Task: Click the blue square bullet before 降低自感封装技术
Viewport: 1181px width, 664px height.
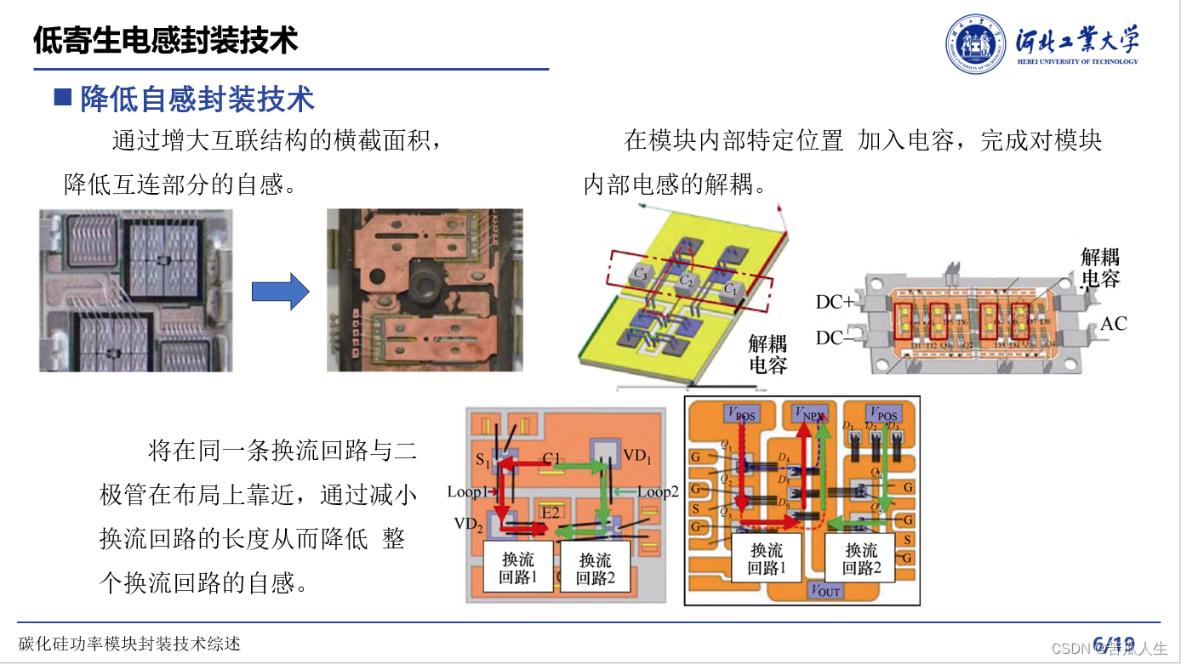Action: pyautogui.click(x=62, y=97)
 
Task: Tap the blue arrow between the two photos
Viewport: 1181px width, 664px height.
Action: pyautogui.click(x=280, y=292)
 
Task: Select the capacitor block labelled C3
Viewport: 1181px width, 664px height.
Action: pyautogui.click(x=642, y=274)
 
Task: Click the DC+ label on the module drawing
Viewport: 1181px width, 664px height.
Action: pyautogui.click(x=834, y=303)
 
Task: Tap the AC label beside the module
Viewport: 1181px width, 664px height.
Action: pyautogui.click(x=1114, y=324)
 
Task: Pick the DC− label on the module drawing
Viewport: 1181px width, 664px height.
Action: pyautogui.click(x=834, y=338)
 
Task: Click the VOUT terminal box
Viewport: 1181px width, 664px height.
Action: pyautogui.click(x=826, y=591)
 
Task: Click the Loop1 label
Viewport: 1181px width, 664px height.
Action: pyautogui.click(x=468, y=491)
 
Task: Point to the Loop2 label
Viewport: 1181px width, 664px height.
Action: pyautogui.click(x=659, y=491)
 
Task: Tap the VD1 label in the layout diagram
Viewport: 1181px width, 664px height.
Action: pyautogui.click(x=636, y=456)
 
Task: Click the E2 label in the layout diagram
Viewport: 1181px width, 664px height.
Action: pyautogui.click(x=551, y=513)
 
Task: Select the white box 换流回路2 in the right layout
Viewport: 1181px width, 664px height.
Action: pyautogui.click(x=861, y=559)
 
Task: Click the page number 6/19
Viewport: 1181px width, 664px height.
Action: pyautogui.click(x=1114, y=644)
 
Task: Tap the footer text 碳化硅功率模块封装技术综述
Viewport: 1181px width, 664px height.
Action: pyautogui.click(x=129, y=644)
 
